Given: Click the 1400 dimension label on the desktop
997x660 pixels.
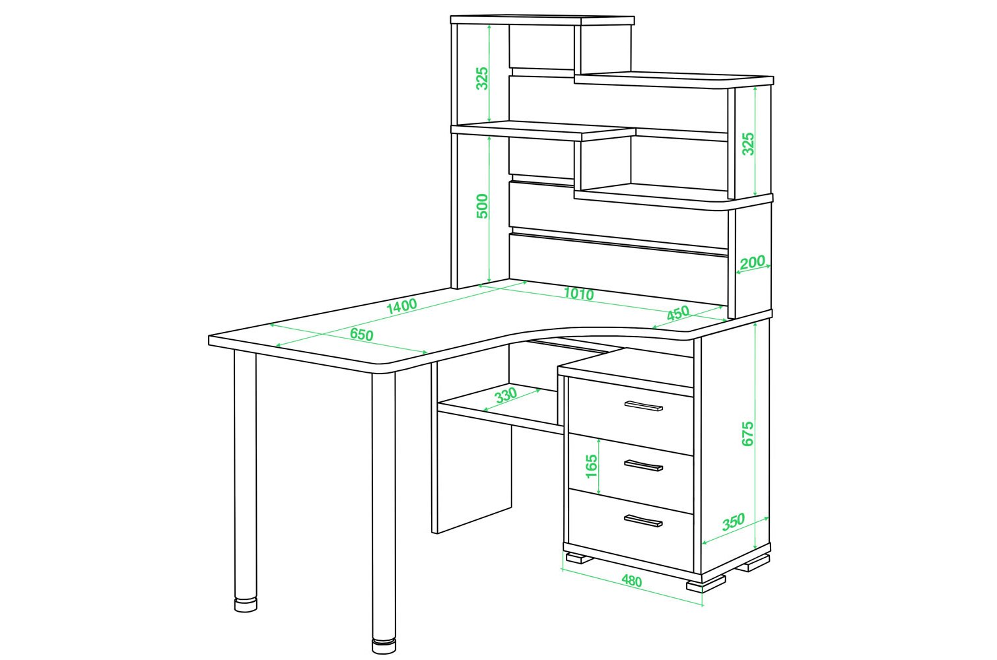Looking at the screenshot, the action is point(401,307).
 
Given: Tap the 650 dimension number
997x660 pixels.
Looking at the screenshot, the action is point(361,334).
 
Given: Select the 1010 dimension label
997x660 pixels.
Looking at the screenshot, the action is point(578,294).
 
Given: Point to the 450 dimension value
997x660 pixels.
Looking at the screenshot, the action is point(678,313).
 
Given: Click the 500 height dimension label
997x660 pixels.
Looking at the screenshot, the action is point(483,206).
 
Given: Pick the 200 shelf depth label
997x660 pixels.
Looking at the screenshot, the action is point(752,261).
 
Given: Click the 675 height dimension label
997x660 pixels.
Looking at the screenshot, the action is point(747,433).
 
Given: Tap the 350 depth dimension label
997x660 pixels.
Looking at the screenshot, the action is point(733,521).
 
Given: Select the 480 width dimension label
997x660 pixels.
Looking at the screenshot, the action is point(632,581).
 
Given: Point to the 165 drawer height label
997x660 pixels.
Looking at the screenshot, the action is point(591,467).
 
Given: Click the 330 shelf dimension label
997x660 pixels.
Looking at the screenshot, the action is point(506,395).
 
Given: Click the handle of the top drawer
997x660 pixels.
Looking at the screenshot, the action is point(644,405).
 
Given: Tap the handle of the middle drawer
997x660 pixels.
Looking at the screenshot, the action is point(644,465).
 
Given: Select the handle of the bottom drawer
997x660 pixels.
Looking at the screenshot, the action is point(644,521).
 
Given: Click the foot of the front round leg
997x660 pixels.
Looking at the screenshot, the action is point(384,647).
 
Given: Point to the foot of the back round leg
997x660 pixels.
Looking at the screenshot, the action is point(246,605).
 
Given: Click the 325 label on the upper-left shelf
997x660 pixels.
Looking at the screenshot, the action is point(483,79).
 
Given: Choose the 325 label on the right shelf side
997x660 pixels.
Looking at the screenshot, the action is point(748,144).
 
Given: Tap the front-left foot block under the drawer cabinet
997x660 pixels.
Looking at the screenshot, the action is point(578,558).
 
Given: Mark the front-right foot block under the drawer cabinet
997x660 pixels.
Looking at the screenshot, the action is point(706,584).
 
